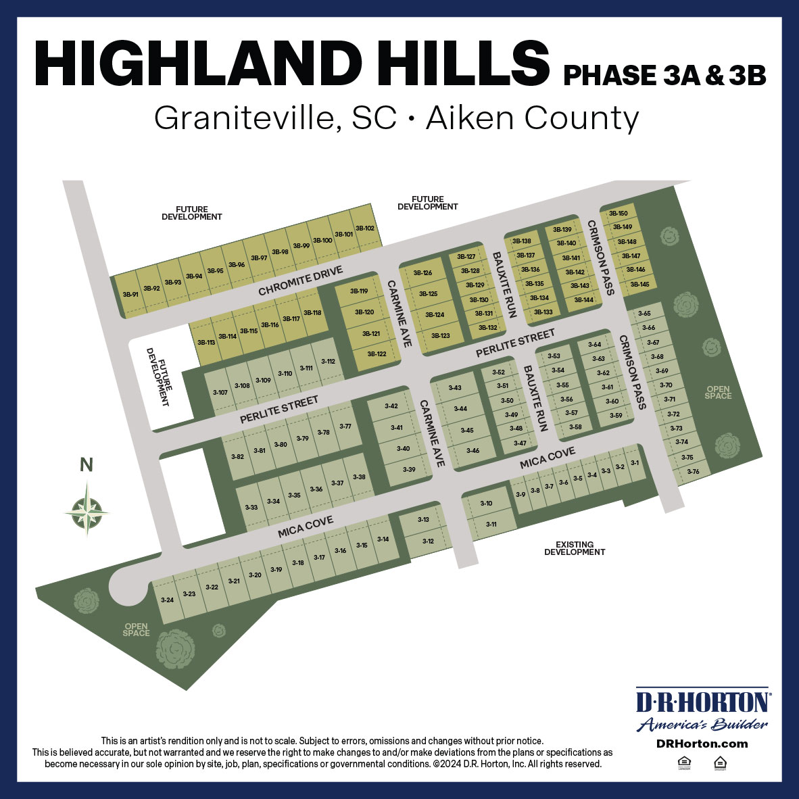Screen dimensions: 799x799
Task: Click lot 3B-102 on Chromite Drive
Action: pos(364,228)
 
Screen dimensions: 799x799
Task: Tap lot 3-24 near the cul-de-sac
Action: pos(168,600)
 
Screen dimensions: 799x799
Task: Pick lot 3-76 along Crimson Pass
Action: pos(693,471)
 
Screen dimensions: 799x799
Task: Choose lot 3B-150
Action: pos(619,214)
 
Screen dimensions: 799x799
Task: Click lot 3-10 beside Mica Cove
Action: pos(486,504)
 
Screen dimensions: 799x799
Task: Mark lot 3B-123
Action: pos(440,335)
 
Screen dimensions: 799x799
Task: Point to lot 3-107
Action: pos(220,392)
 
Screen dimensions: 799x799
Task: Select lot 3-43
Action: pos(455,387)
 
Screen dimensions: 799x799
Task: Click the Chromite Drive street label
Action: pos(301,281)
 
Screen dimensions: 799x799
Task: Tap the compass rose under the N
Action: pos(87,508)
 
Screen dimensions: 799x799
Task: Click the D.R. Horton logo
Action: pos(702,710)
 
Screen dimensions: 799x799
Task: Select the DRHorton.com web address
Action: pos(702,744)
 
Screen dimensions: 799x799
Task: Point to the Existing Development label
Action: pos(575,548)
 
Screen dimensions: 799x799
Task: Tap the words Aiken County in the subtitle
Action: pos(533,119)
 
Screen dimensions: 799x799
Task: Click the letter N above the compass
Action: pos(87,465)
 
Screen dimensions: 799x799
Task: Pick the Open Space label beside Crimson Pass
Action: pos(718,392)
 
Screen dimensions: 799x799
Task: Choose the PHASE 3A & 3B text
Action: pos(664,75)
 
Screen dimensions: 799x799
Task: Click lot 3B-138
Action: pos(521,241)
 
